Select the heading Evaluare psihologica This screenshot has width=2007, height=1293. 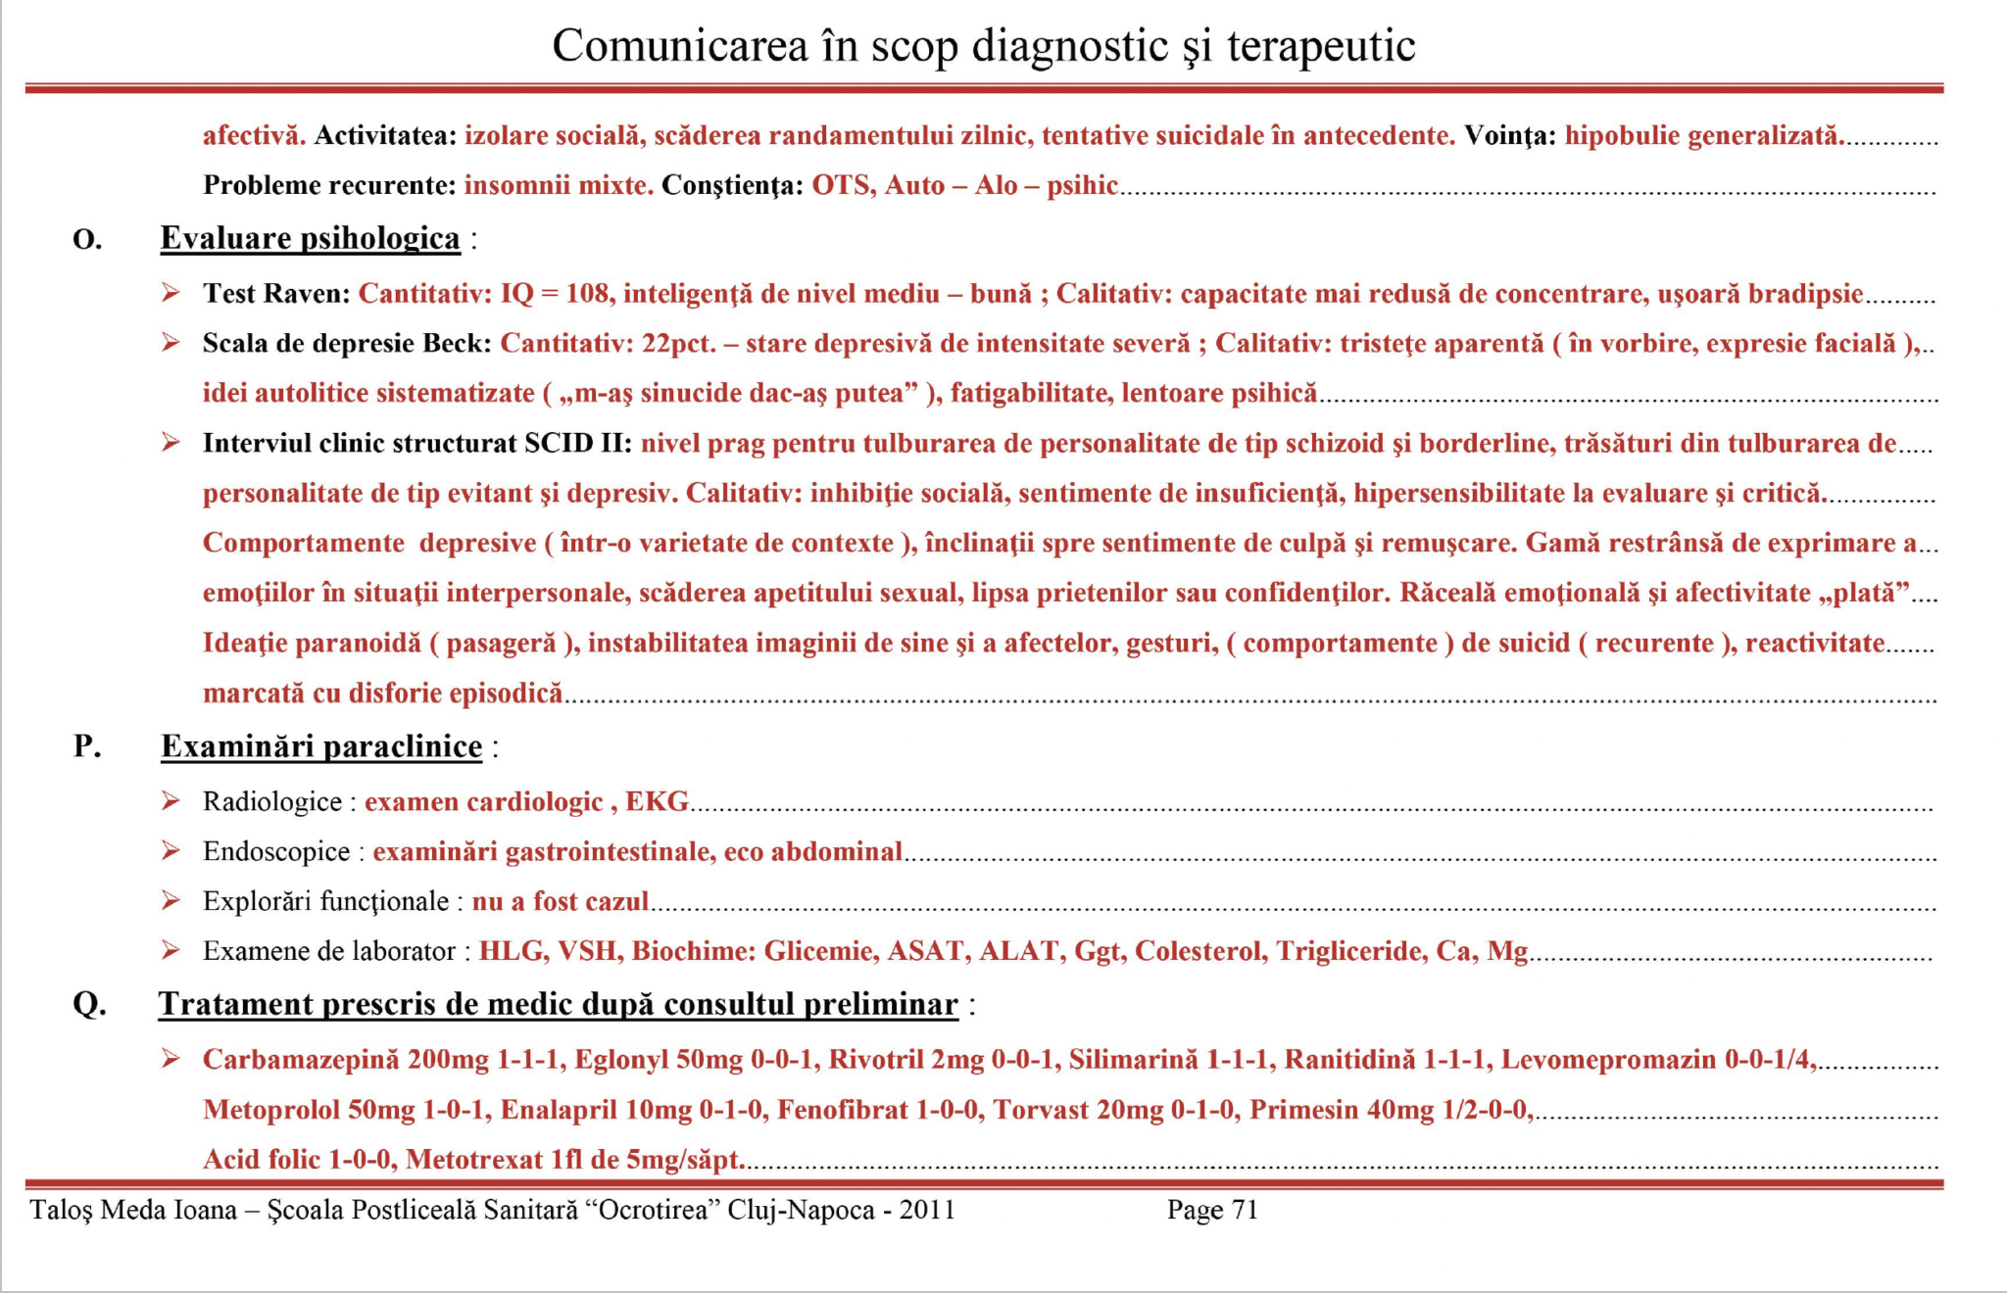coord(310,238)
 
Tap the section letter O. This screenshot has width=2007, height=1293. coord(87,239)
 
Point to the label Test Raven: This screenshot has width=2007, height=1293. coord(276,294)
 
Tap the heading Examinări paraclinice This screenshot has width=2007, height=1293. coord(321,746)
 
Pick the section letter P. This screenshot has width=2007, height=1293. coord(87,746)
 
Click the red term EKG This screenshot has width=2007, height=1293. coord(658,802)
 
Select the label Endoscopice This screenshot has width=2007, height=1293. coord(276,852)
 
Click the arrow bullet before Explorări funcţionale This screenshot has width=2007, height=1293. coord(171,901)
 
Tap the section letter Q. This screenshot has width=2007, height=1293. coord(89,1004)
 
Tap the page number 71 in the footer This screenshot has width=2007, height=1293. coord(1244,1211)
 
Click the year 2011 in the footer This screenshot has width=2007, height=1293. coord(927,1211)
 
